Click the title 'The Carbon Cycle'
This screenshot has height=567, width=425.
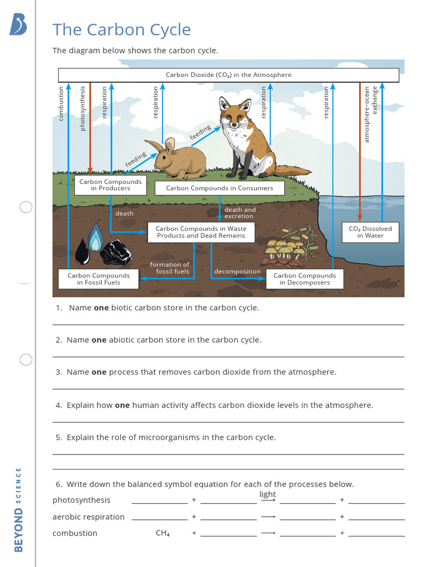(x=121, y=30)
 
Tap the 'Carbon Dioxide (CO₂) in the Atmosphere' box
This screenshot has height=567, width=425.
(x=228, y=75)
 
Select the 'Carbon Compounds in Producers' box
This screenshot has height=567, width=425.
(x=110, y=185)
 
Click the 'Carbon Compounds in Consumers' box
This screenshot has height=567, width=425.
(x=219, y=188)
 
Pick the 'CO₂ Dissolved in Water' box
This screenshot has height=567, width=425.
(x=370, y=232)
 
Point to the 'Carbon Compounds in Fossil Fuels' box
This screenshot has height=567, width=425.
(x=99, y=279)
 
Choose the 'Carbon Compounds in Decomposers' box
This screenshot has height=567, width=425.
(x=304, y=279)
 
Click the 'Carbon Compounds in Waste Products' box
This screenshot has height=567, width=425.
(x=201, y=232)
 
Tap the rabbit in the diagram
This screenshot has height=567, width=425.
(x=178, y=159)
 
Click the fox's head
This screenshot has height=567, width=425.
(x=235, y=115)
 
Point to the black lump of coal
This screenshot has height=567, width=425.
(x=116, y=252)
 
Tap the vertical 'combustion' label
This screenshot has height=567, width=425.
(x=61, y=103)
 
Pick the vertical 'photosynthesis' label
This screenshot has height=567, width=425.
(x=83, y=108)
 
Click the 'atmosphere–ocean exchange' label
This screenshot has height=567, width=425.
(x=370, y=114)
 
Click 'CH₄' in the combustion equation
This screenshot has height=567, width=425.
(x=163, y=533)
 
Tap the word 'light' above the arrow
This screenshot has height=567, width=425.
(x=267, y=494)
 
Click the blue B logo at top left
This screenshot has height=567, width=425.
(x=18, y=24)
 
